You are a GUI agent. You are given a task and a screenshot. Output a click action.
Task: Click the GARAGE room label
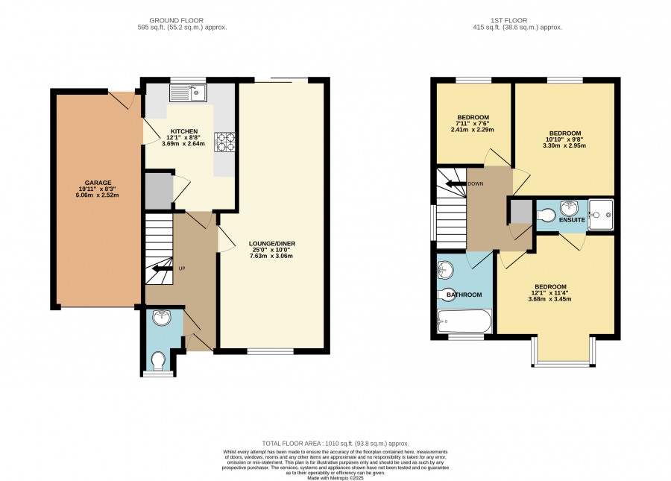(98, 183)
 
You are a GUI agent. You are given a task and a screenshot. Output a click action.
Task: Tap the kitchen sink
(188, 92)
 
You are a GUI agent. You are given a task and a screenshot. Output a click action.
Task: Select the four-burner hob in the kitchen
(224, 142)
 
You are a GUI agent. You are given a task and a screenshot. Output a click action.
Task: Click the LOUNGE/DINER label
(272, 244)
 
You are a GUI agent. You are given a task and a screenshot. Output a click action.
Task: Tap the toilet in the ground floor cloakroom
(158, 360)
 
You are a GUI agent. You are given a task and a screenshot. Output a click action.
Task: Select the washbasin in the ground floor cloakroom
(162, 317)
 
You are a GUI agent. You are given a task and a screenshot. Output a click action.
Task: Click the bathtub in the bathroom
(464, 321)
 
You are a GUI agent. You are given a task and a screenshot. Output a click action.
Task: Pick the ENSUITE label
(572, 220)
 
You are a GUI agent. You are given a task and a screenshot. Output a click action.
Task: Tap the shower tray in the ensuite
(601, 215)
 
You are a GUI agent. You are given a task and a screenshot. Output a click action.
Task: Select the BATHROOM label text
(464, 295)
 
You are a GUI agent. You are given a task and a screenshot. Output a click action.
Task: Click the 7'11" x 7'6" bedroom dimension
(473, 123)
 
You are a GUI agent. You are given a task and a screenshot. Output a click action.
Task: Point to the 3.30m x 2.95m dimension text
(565, 145)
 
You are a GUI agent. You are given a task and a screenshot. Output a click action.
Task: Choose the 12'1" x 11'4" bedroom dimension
(550, 293)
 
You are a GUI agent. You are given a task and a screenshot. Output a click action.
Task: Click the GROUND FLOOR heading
(176, 20)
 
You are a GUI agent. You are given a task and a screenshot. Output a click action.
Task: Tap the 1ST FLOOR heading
(508, 20)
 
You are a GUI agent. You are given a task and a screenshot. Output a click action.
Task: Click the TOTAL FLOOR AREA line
(335, 444)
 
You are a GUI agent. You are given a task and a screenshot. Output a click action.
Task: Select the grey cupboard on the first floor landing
(520, 212)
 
